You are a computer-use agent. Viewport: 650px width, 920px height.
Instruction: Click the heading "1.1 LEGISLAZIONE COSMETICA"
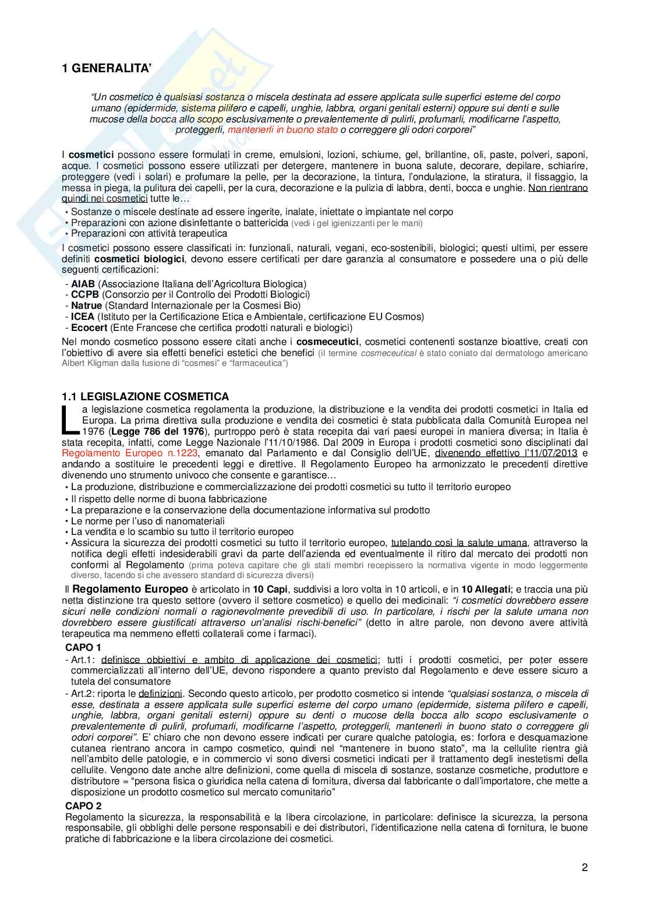[x=146, y=397]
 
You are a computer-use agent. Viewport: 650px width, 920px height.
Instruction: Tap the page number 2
[x=584, y=868]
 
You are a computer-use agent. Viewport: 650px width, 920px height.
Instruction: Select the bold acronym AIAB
[x=83, y=284]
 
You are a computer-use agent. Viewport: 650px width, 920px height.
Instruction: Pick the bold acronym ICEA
[x=83, y=317]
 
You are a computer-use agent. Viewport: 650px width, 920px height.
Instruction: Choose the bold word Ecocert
[x=89, y=328]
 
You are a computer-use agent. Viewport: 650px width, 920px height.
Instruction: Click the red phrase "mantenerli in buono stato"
[x=282, y=130]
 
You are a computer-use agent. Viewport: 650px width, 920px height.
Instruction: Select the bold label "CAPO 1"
[x=83, y=647]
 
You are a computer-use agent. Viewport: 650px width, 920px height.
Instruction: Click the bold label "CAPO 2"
[x=83, y=806]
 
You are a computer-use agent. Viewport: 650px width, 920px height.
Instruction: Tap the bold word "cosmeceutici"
[x=328, y=342]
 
